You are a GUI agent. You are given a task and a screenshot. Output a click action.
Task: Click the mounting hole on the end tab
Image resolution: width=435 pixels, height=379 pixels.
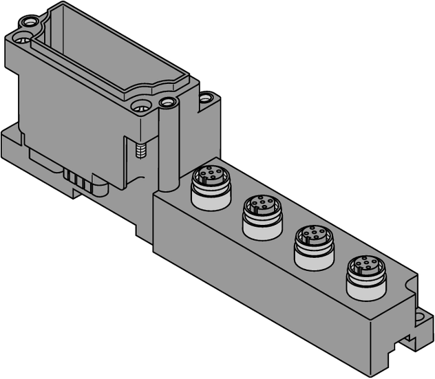click(419, 317)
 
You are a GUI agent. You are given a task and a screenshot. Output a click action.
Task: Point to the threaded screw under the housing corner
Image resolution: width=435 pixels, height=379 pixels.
click(142, 151)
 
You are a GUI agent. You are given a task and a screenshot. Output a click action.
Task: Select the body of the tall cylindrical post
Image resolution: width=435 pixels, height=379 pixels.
click(168, 148)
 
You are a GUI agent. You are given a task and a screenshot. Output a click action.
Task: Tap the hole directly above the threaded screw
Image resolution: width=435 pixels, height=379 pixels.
click(142, 107)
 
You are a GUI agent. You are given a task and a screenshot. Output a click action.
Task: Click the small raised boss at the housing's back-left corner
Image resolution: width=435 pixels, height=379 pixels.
click(28, 22)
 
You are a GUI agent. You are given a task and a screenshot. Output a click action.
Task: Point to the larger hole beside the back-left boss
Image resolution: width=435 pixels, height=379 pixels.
click(21, 38)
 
